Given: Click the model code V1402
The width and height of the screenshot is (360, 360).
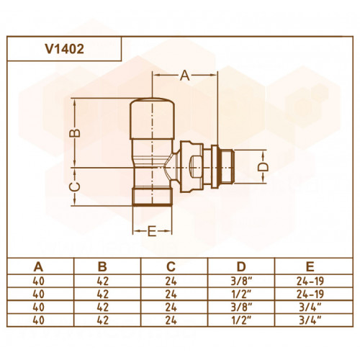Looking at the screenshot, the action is point(65,49).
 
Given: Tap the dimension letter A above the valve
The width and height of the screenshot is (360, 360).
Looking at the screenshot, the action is point(185,76).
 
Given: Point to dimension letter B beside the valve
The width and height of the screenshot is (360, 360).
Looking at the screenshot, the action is point(75,132).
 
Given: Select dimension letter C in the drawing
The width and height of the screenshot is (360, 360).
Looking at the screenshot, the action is point(75,186).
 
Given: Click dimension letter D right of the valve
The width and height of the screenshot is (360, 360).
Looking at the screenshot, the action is point(263,166).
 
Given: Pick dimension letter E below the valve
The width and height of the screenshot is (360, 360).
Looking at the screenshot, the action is point(152,231).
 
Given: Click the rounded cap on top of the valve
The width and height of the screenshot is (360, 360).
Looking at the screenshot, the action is point(152,119).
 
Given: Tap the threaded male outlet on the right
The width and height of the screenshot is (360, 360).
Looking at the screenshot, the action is point(226,166).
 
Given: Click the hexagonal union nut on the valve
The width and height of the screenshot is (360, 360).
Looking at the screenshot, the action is point(192,166).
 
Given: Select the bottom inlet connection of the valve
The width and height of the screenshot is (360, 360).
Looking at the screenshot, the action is point(153,197).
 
